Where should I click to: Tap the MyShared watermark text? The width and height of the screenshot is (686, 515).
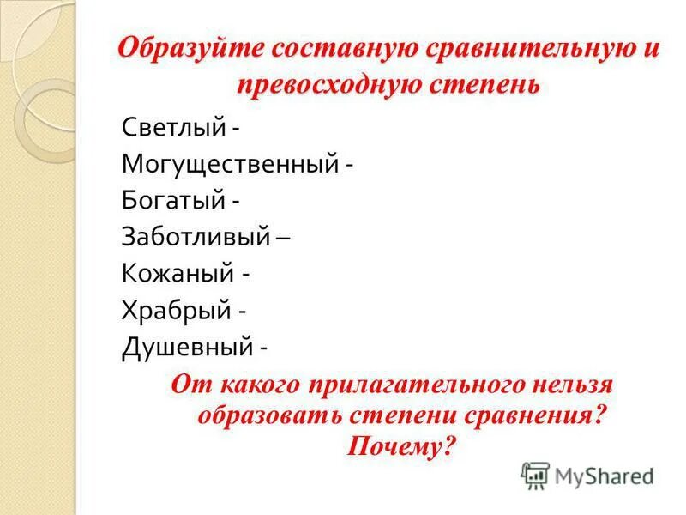604,475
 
